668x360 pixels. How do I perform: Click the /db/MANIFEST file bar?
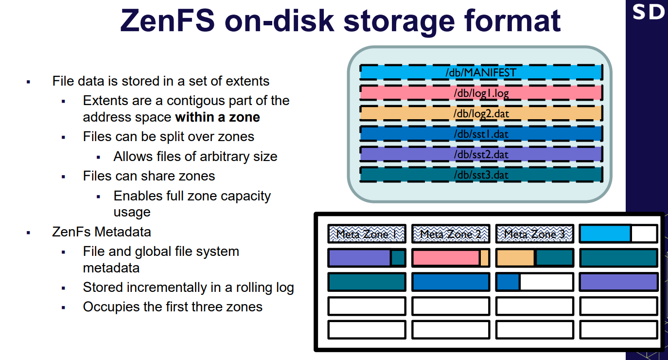[x=481, y=72]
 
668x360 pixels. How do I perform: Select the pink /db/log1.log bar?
[x=481, y=93]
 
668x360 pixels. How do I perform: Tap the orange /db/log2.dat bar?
[x=481, y=113]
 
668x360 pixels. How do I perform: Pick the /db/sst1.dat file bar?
[x=481, y=134]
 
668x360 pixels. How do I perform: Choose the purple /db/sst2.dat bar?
[x=481, y=154]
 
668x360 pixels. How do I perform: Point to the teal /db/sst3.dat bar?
[x=481, y=175]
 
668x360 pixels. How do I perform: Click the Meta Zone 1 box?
[x=367, y=234]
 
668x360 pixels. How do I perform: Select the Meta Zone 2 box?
[x=451, y=234]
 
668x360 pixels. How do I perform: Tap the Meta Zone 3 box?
[x=535, y=234]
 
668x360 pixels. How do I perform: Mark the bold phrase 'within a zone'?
[x=217, y=117]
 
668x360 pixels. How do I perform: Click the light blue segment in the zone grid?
[x=605, y=234]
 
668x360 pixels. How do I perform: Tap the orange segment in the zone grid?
[x=515, y=258]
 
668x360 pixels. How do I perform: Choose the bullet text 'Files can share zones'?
[x=149, y=176]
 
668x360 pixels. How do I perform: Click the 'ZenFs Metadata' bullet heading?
[x=102, y=232]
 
